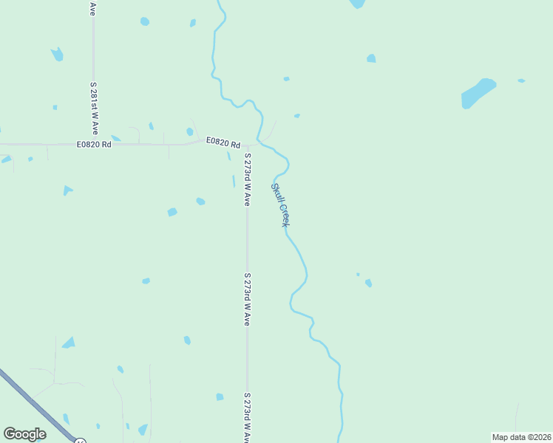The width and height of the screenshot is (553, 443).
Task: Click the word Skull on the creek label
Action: [x=276, y=193]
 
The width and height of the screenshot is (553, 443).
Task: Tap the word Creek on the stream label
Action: [x=285, y=214]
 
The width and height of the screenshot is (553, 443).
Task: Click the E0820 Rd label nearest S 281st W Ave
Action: [x=94, y=145]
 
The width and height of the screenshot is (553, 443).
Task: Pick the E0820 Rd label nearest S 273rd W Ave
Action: [x=223, y=142]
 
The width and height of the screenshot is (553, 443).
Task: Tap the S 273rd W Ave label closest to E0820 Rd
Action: [x=248, y=179]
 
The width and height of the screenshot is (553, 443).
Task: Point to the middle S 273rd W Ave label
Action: [x=247, y=299]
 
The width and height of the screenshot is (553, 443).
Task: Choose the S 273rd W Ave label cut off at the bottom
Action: [x=247, y=417]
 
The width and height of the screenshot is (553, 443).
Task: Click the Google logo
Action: [x=24, y=434]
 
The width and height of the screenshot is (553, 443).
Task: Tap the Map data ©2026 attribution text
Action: [x=521, y=437]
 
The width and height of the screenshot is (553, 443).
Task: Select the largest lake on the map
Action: [x=478, y=93]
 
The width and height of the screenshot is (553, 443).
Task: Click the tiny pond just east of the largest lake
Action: [x=521, y=80]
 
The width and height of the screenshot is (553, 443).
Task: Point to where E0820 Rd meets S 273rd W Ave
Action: [x=247, y=147]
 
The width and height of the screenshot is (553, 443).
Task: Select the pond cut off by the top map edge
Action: [x=357, y=4]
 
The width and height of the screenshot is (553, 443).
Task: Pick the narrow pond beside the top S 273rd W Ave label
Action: [x=234, y=181]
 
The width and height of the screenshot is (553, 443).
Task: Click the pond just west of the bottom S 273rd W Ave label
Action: [x=220, y=397]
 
